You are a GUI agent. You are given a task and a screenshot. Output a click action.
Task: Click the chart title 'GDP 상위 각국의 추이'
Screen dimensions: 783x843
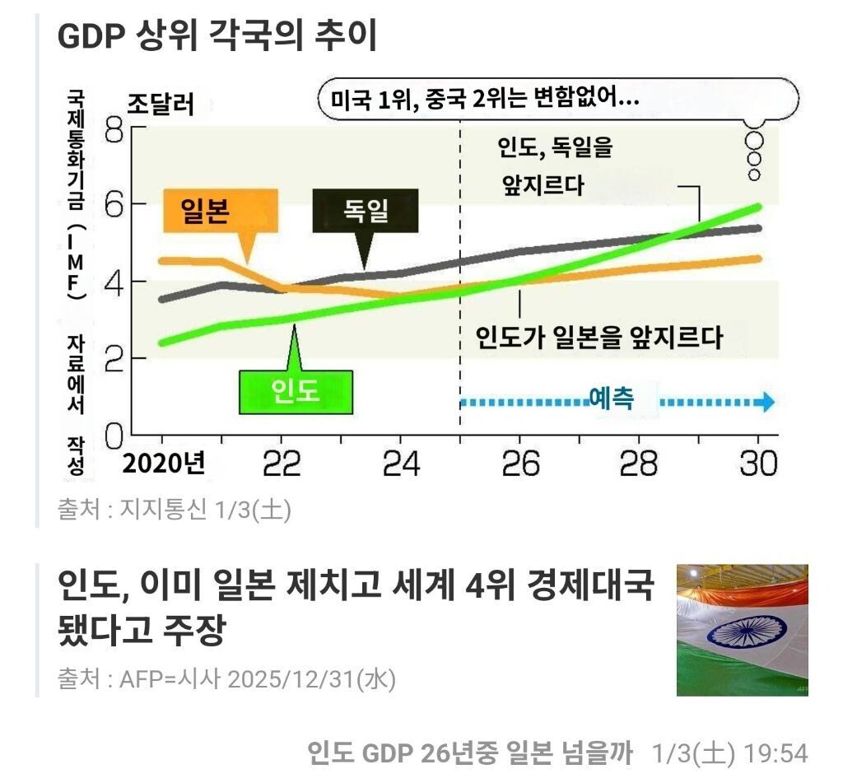click(217, 35)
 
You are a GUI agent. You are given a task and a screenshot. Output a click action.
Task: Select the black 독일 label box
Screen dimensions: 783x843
click(366, 211)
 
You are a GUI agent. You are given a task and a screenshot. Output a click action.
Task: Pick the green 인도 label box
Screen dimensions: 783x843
click(295, 392)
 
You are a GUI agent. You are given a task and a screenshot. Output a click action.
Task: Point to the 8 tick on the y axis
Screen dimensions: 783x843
click(115, 130)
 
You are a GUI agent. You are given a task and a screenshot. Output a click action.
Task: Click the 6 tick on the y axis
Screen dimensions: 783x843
click(115, 204)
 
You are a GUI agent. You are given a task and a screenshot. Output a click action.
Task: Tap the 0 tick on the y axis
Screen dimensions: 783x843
click(115, 432)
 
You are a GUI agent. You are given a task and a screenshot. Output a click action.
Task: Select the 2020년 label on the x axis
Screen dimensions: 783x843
click(164, 464)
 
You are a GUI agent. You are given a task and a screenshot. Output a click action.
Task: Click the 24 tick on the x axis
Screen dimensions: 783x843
click(401, 464)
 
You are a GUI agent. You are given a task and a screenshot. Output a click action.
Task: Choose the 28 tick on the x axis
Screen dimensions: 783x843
click(639, 464)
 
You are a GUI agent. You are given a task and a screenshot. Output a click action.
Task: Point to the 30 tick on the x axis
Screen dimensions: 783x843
click(757, 464)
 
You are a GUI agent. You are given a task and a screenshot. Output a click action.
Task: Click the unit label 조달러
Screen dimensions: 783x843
click(161, 105)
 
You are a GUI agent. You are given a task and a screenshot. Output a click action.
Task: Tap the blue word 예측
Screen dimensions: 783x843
click(612, 399)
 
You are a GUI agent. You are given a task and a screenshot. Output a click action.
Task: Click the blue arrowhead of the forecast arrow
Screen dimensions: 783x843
click(767, 403)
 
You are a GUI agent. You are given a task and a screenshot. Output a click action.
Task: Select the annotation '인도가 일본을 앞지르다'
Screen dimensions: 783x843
click(599, 338)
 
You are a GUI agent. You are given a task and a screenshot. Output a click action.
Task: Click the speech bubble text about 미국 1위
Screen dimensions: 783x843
click(485, 100)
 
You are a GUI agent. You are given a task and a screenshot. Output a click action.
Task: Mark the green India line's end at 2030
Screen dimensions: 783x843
click(757, 207)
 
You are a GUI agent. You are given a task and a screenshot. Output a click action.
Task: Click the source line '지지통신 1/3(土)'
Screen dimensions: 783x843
click(174, 510)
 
